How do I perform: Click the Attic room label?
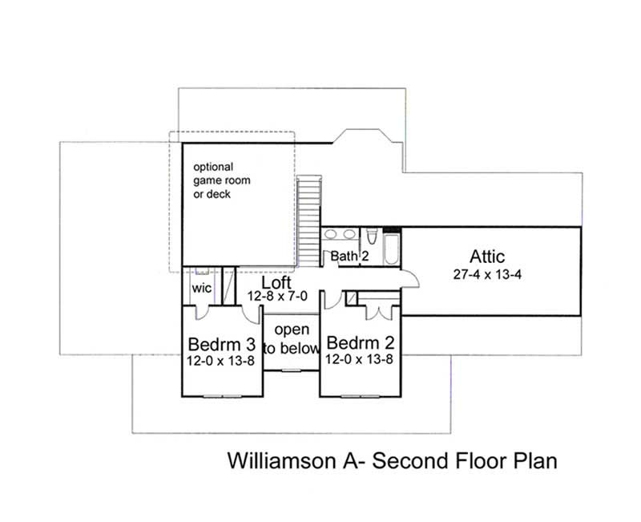click(487, 257)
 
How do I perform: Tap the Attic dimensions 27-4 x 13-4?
click(487, 274)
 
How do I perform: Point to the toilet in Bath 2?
click(369, 237)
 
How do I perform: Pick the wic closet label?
click(201, 289)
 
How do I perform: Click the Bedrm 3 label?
click(221, 344)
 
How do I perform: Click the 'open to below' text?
click(292, 339)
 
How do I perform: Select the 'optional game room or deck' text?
click(221, 180)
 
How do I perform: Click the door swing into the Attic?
click(409, 277)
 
